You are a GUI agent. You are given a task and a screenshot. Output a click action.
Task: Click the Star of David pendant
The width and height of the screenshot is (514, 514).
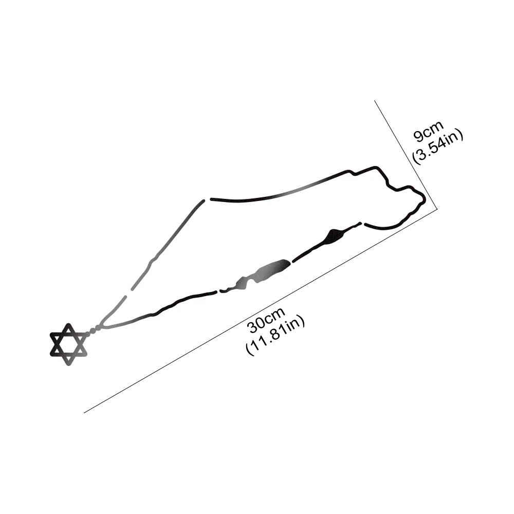coord(68,344)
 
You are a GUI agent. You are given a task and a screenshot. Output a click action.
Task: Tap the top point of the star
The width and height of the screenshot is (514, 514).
coord(68,324)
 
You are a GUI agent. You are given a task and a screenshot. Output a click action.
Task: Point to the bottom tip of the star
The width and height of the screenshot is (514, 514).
coord(68,365)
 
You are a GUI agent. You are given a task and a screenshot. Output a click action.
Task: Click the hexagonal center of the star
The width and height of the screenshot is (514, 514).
coord(68,344)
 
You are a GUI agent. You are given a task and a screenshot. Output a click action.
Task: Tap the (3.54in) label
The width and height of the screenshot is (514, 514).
coord(438,146)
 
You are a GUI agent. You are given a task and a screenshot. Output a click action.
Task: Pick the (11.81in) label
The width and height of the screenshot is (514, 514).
coord(276,335)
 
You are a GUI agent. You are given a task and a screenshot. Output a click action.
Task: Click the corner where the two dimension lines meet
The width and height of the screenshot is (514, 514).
coord(437,210)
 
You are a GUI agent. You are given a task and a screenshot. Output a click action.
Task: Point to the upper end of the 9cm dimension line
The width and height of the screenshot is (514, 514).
coord(375,101)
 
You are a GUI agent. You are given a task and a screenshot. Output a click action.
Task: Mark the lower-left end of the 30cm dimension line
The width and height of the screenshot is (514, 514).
coord(84,413)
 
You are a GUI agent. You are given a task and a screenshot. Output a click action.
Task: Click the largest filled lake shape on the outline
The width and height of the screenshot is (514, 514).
coord(271,269)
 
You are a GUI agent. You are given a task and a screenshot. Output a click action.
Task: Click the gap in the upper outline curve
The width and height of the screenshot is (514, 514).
coord(207,199)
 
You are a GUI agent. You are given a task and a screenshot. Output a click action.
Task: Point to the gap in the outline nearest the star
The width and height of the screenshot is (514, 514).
coord(128,293)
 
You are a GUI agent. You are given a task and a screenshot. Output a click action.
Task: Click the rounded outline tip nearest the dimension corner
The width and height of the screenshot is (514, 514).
coord(424,197)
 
